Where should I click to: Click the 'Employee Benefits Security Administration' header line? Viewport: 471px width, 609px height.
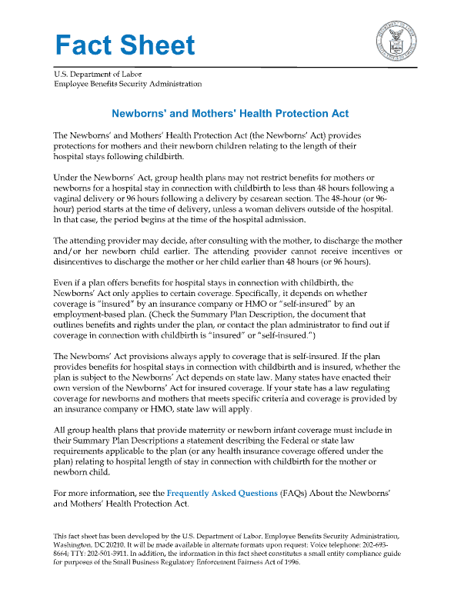128,84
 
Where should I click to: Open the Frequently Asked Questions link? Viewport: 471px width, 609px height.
222,493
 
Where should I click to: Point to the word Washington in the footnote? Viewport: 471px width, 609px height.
72,543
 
